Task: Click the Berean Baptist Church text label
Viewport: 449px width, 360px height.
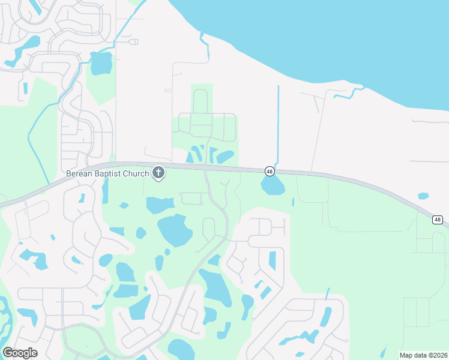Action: tap(107, 174)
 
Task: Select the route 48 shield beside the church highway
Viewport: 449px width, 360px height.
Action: tap(269, 172)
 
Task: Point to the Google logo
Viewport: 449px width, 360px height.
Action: tap(20, 352)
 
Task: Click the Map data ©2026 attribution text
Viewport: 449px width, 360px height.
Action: tap(423, 355)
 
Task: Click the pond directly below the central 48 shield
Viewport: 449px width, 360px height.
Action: tap(273, 187)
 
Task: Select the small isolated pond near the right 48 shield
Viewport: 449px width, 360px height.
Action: tap(423, 196)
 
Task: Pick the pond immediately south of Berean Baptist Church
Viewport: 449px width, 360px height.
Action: tap(159, 205)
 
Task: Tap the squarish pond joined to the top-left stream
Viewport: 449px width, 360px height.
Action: tap(101, 62)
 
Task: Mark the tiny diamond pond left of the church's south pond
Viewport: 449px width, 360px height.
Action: tap(124, 205)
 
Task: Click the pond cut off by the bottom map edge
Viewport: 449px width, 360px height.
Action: tap(180, 349)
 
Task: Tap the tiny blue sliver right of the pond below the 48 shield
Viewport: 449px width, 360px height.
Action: tap(293, 202)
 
